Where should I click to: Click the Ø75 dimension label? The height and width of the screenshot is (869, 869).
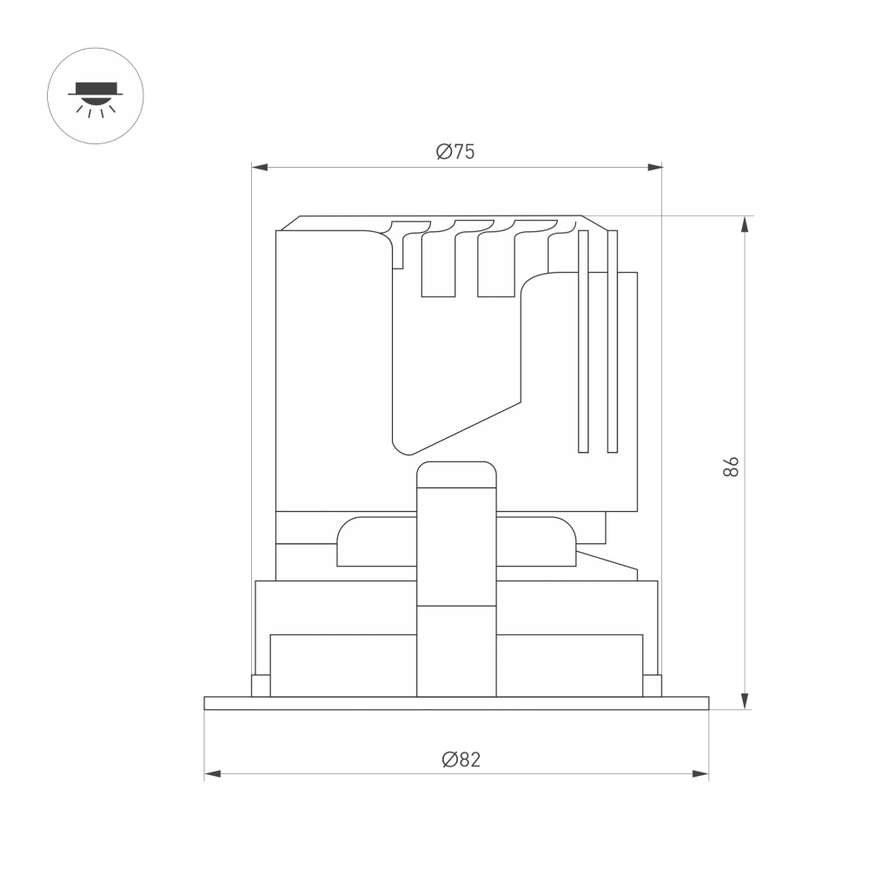(x=456, y=151)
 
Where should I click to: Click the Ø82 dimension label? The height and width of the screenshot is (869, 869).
(x=461, y=760)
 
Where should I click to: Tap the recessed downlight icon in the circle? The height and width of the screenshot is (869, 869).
(x=96, y=96)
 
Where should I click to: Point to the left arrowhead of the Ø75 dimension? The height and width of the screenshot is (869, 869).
(x=258, y=167)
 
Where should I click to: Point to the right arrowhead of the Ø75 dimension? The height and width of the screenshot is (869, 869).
(x=654, y=167)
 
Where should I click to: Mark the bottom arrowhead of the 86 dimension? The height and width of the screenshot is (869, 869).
(x=745, y=702)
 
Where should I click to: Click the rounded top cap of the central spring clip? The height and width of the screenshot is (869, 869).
(x=456, y=474)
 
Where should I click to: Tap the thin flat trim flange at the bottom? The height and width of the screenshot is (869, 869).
(x=456, y=703)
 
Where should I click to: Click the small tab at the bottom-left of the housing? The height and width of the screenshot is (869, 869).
(x=260, y=686)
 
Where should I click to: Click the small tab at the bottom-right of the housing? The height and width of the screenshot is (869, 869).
(x=652, y=686)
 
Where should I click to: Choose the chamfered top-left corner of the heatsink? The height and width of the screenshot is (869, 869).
(x=288, y=223)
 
